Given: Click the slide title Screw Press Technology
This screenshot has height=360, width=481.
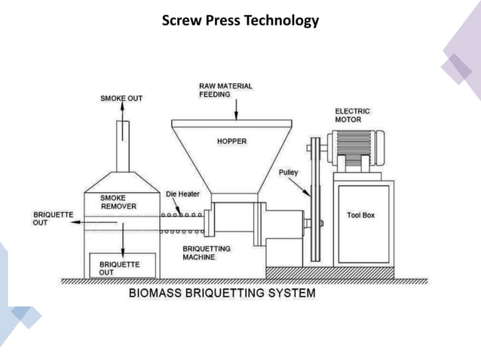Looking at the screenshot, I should coord(240,20).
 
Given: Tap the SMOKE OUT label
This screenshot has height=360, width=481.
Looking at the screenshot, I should coord(121,98).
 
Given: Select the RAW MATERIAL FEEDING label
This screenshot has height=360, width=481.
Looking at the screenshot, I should coord(225,90).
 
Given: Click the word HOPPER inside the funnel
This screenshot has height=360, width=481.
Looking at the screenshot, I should coord(231,141).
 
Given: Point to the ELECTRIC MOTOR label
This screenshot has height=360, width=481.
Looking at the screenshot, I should coord(352,115).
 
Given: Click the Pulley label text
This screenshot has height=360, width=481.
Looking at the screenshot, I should coord(288,172).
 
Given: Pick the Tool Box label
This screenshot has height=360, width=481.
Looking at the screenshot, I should coord(361,215).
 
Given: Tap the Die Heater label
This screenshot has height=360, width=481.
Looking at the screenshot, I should coord(183,194).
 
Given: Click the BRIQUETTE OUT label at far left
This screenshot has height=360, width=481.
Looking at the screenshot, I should coord(53,218).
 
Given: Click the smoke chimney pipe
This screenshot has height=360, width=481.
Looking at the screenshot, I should coord(122,147).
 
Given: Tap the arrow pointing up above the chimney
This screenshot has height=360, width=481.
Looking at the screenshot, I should coord(121,111).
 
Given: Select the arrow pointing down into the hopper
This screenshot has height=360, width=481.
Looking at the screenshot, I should coord(236,111).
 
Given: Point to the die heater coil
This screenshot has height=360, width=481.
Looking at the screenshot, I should coord(182,223).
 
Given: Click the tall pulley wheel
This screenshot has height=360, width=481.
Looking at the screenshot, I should coord(314,200).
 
